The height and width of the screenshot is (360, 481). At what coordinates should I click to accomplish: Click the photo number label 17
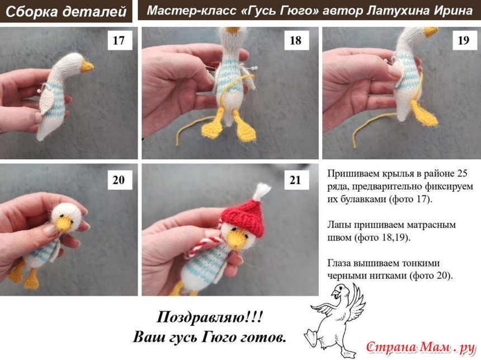(120, 40)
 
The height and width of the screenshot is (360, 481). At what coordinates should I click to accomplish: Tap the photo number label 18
(296, 40)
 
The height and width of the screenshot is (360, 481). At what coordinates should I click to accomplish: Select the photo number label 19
(464, 40)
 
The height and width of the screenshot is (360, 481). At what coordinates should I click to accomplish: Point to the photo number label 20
(120, 180)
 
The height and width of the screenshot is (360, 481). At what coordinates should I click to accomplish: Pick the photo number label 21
(296, 180)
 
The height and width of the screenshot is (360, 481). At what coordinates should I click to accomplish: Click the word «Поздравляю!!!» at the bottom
(210, 317)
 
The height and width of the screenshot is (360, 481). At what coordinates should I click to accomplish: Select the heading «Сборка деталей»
(66, 12)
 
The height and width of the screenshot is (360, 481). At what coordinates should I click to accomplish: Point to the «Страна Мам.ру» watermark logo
(421, 348)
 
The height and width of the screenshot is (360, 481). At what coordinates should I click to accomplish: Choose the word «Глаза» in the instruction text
(339, 263)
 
